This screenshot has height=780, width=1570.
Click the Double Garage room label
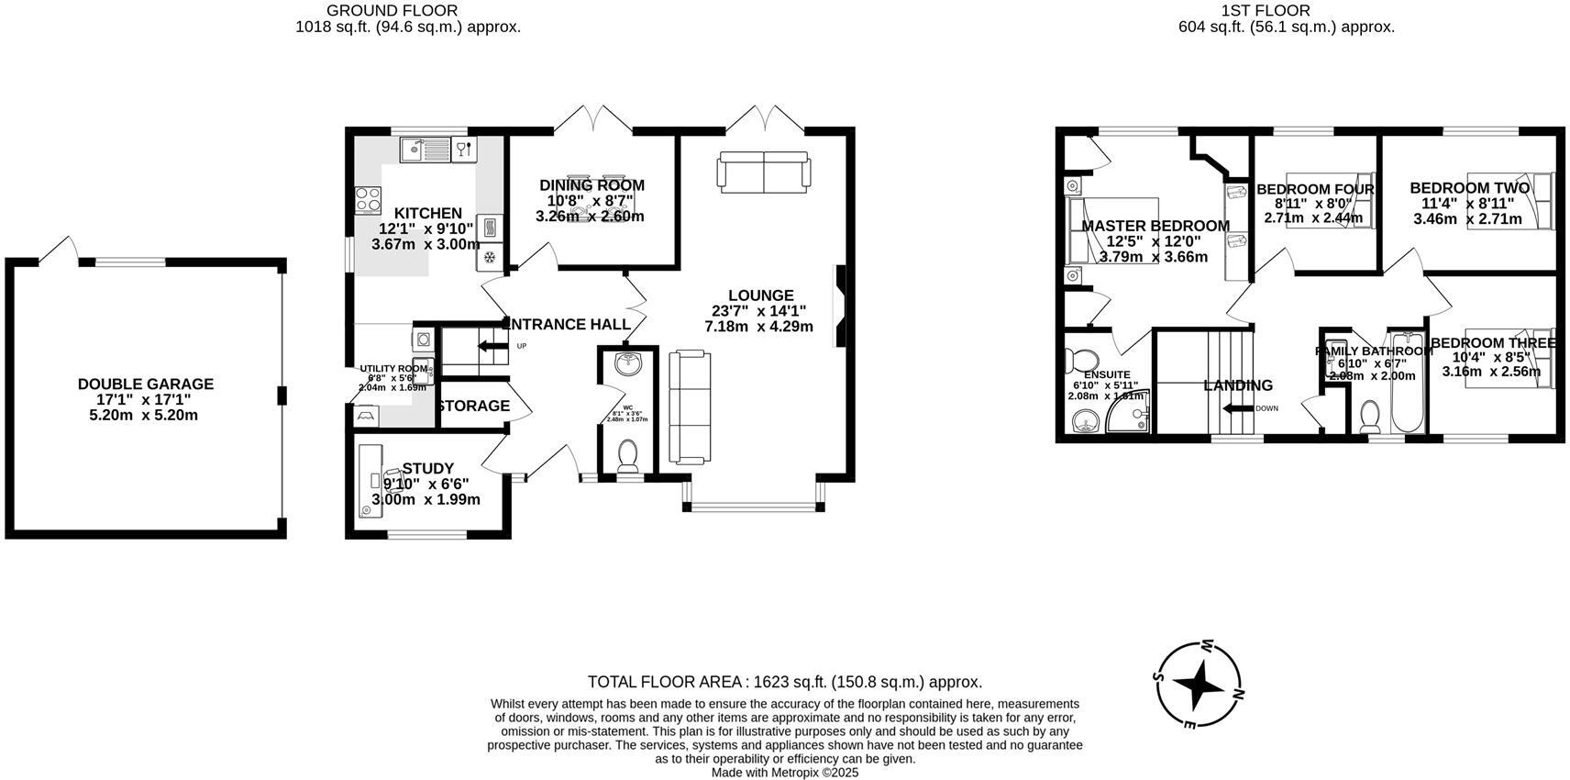coord(145,384)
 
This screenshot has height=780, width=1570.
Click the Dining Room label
coord(592,185)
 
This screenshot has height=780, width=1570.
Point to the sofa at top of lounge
coord(764,172)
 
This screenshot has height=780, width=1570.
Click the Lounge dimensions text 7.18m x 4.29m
coord(758,327)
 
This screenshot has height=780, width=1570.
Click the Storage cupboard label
coord(473,406)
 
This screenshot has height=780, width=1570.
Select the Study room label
coord(427,468)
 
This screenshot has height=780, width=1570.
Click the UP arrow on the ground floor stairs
coord(492,346)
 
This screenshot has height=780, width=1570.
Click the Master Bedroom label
coord(1155,226)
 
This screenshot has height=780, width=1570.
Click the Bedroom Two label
coord(1469,188)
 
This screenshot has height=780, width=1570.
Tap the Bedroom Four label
coord(1314,190)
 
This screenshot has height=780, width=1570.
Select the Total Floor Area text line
coord(784,682)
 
